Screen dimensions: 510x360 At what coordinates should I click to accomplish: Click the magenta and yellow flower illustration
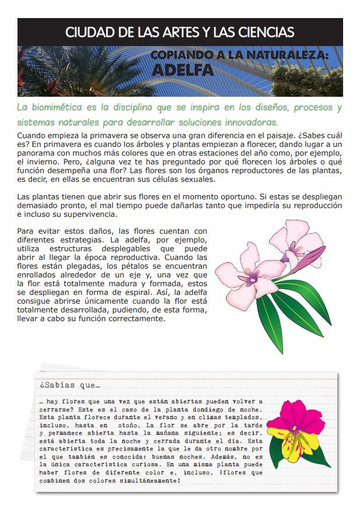(295, 428)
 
